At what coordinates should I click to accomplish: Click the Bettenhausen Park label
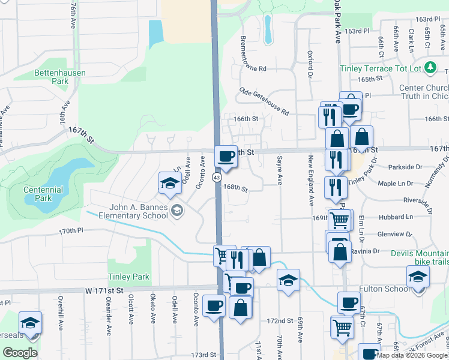[x=60, y=77]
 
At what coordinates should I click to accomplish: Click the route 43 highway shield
[x=217, y=178]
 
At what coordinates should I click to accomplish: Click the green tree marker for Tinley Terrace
[x=430, y=68]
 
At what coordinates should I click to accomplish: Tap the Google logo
[x=20, y=353]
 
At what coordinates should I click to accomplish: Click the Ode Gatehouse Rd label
[x=264, y=101]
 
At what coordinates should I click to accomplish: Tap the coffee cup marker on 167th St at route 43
[x=226, y=156]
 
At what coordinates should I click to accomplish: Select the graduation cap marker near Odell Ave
[x=170, y=182]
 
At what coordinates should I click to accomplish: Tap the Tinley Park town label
[x=128, y=277]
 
